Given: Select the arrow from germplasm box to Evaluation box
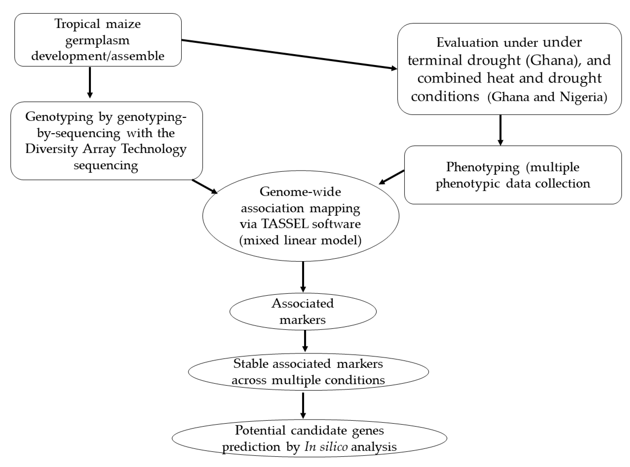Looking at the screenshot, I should click(288, 54).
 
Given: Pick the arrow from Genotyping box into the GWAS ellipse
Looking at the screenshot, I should click(204, 187).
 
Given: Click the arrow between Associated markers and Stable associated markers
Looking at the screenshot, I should click(305, 341).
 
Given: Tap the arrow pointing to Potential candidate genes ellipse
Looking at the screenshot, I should click(303, 405).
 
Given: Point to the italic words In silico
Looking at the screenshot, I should click(326, 447).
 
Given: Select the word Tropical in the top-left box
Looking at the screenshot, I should click(77, 24).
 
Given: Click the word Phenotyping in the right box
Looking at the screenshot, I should click(483, 167).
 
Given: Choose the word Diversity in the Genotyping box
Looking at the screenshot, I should click(51, 149).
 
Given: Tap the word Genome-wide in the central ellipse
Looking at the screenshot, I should click(300, 192).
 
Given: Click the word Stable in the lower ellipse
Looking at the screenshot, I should click(250, 364).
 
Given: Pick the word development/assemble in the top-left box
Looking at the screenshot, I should click(98, 56).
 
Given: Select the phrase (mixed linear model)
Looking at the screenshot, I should click(300, 240).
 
